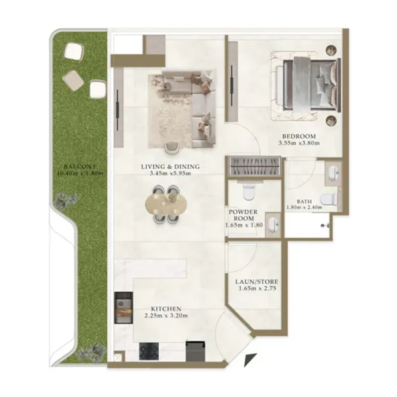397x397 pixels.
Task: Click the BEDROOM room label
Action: [x=296, y=134]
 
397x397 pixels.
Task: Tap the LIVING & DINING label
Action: [x=170, y=166]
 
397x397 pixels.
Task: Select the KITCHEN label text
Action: [x=166, y=308]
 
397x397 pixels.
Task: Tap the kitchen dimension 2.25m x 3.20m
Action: [x=166, y=316]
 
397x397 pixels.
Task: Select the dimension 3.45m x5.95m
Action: [x=170, y=174]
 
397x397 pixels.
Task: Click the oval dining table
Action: [x=164, y=204]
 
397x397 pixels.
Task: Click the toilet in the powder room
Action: [x=249, y=193]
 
